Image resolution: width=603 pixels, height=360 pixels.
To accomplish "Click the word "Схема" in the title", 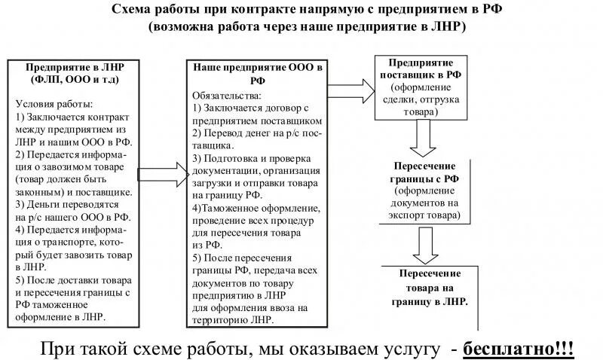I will (130, 9).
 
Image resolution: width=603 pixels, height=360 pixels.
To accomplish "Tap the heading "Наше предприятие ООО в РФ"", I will (258, 73).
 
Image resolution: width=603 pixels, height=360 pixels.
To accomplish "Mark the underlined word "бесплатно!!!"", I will (518, 349).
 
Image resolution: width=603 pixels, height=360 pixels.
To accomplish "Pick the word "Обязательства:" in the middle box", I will (227, 96).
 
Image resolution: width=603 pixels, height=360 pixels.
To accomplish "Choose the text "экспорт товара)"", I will (426, 215).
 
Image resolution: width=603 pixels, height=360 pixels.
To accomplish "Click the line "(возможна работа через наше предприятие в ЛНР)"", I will (308, 26).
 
